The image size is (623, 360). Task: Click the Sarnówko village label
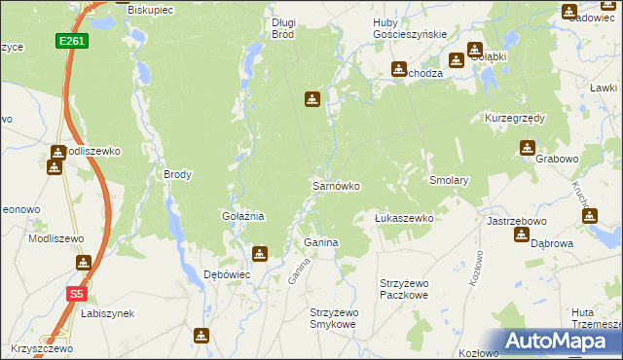point(336,185)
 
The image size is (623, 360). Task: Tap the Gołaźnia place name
point(243,216)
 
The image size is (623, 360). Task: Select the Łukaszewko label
point(404,218)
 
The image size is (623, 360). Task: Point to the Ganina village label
point(321,241)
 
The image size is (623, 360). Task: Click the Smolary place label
point(450,180)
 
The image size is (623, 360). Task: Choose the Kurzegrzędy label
point(515,118)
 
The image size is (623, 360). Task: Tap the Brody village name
point(178,175)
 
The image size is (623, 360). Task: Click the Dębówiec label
point(227,274)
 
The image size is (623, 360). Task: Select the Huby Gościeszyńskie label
point(410,27)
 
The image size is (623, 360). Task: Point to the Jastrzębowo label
point(513,221)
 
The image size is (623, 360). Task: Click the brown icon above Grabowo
point(527,148)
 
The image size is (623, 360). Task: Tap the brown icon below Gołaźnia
point(259,255)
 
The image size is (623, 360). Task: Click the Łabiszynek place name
point(107,313)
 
